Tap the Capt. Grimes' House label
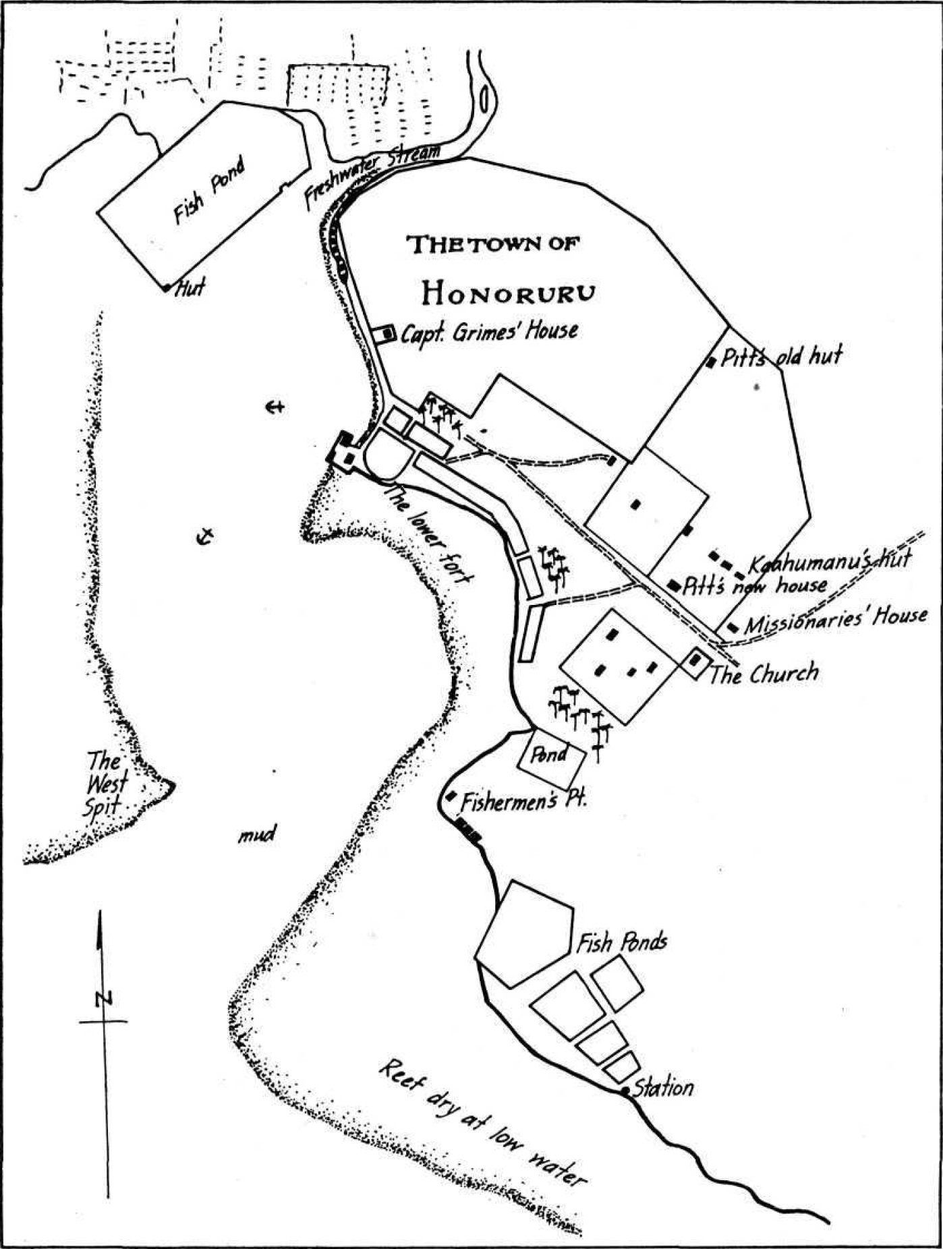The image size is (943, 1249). tap(489, 332)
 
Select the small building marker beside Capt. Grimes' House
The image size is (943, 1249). tap(387, 334)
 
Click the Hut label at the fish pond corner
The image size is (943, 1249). tap(190, 290)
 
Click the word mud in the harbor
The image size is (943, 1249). tap(257, 836)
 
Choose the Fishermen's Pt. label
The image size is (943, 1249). tap(524, 802)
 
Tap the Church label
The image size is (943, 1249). tap(763, 674)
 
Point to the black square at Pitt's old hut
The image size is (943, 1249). tap(710, 363)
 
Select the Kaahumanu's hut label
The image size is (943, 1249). tap(830, 560)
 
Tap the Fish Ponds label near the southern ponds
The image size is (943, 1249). tap(621, 941)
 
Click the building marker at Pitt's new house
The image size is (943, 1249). tap(673, 585)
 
